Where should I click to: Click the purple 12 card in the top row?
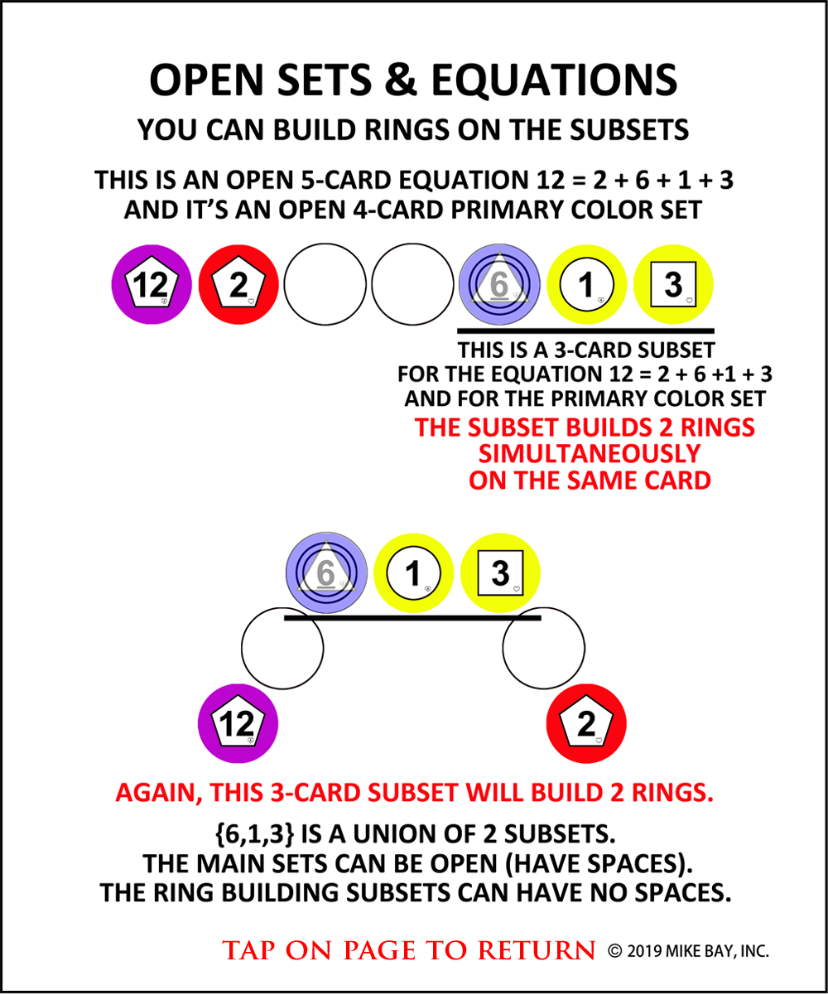[152, 284]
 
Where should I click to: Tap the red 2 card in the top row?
[238, 284]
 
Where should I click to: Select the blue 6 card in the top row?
[499, 284]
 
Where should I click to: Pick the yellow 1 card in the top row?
[586, 284]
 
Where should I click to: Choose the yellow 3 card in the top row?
[673, 284]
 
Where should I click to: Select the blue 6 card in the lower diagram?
[326, 572]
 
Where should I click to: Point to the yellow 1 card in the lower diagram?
[413, 572]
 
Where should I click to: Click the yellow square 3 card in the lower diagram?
[500, 572]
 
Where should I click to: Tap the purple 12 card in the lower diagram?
[238, 723]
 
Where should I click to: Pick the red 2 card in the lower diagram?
[586, 723]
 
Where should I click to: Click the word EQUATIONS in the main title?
[554, 80]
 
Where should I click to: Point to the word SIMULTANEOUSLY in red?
[590, 454]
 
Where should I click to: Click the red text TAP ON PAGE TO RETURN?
[409, 950]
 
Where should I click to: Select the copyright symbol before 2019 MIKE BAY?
[614, 951]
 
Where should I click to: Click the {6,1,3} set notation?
[255, 833]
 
